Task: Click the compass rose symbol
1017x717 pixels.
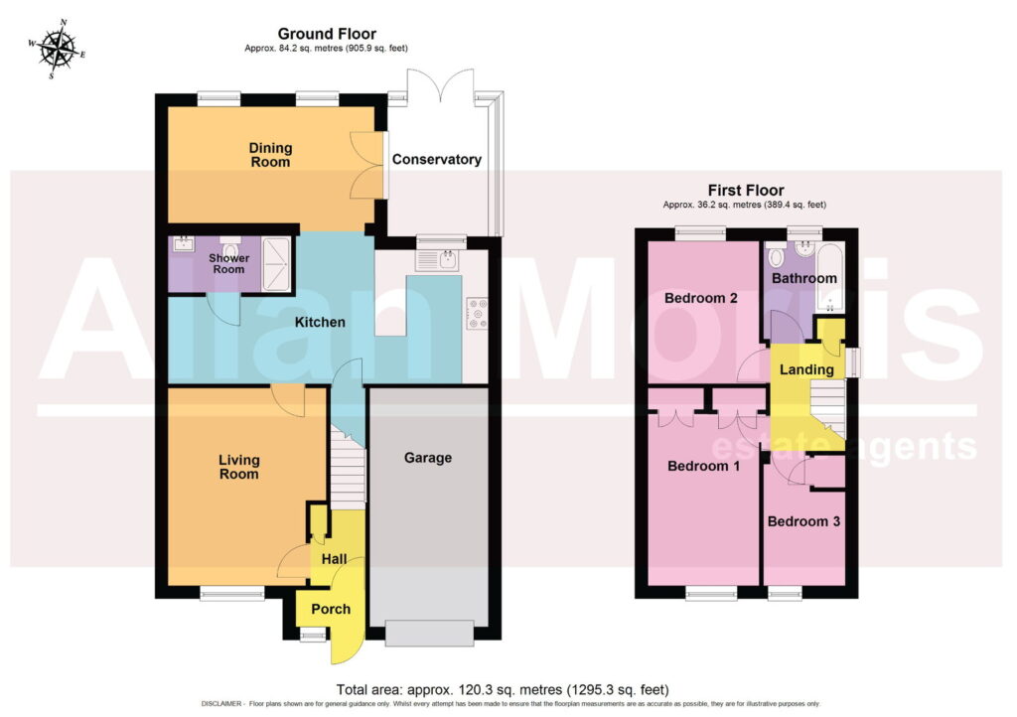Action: coord(57,50)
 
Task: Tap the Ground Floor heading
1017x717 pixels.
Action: coord(327,34)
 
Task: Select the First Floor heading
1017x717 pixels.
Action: coord(745,191)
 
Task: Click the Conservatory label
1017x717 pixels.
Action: coord(437,160)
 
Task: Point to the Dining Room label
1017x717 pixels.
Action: coord(270,155)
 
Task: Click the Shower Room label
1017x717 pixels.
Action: coord(229,263)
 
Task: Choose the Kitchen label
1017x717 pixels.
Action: coord(320,322)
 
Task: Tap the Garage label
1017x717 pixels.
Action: coord(427,458)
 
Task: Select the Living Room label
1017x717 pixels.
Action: coord(238,467)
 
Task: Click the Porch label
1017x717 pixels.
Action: coord(331,609)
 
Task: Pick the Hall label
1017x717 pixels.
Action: coord(334,559)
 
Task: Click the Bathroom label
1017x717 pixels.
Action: coord(804,278)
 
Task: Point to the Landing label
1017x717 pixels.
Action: coord(806,369)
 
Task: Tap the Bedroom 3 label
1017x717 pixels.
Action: coord(803,521)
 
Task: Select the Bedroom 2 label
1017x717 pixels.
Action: coord(701,298)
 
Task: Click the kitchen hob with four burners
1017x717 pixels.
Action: coord(477,313)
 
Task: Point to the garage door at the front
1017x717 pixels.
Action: coord(429,633)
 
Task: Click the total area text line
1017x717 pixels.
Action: coord(503,689)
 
